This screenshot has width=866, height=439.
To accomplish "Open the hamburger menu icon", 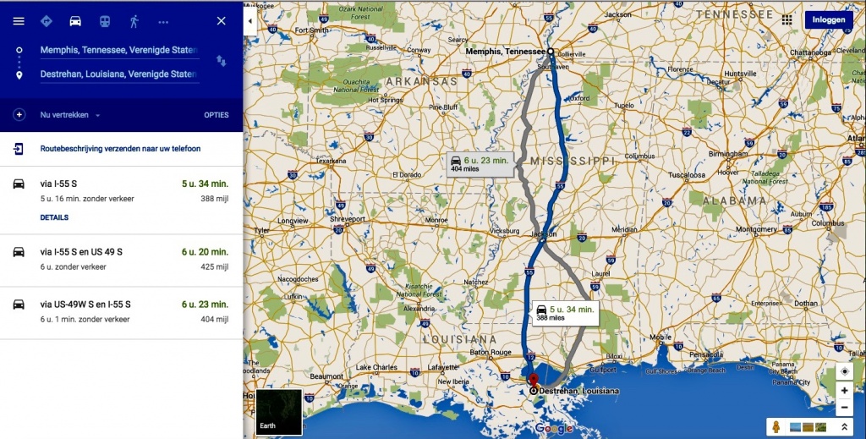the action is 19,21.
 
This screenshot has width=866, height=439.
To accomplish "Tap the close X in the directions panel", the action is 222,21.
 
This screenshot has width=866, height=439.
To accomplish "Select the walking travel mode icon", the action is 134,21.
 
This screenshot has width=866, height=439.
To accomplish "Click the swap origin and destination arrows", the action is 222,61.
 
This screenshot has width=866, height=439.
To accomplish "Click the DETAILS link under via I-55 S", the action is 54,217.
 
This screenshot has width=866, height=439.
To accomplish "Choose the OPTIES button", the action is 216,115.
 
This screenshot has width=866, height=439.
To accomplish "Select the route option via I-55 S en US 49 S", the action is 81,252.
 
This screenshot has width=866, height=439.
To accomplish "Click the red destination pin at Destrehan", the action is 533,378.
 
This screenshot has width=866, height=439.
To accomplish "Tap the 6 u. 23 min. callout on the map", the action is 480,163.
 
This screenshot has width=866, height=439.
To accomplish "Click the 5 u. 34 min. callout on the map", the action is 566,312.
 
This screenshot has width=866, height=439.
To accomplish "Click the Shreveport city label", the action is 347,218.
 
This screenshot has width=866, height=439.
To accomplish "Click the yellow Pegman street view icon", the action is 776,426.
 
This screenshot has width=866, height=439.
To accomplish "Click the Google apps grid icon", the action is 788,19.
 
